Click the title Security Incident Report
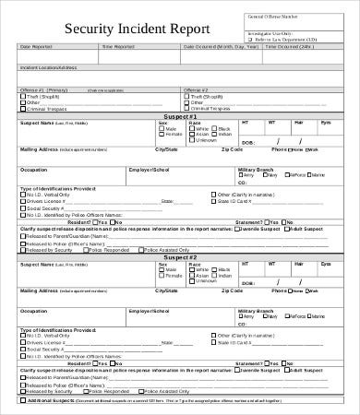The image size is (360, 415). (x=126, y=28)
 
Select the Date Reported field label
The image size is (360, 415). (x=38, y=45)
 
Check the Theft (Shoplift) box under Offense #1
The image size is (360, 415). (x=23, y=96)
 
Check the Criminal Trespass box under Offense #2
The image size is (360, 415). (x=187, y=109)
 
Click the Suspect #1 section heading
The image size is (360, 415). (x=179, y=117)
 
